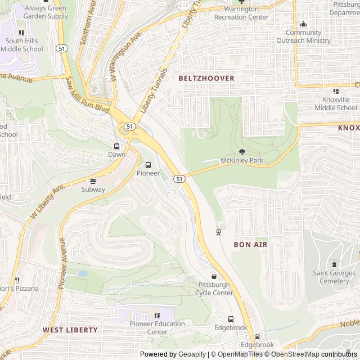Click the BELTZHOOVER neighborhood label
click(x=206, y=78)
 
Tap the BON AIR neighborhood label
click(x=250, y=245)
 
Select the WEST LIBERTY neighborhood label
click(x=70, y=330)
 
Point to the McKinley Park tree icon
click(x=242, y=152)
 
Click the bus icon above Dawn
click(x=116, y=146)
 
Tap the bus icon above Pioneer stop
click(x=148, y=165)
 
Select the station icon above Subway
click(x=93, y=181)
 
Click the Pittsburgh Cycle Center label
click(x=214, y=289)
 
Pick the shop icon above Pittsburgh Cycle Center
click(x=214, y=276)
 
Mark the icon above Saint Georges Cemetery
click(x=335, y=264)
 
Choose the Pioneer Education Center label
click(x=157, y=327)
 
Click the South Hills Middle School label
click(x=21, y=45)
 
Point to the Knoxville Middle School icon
click(x=336, y=91)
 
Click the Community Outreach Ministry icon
click(x=304, y=24)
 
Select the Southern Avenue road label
click(x=87, y=28)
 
